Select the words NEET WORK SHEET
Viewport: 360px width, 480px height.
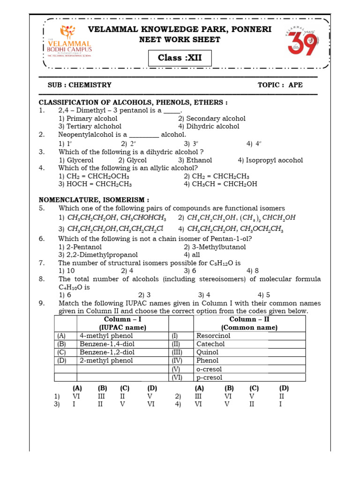pos(180,40)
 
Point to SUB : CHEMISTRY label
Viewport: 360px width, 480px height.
pos(80,85)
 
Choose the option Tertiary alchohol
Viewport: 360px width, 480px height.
pos(90,126)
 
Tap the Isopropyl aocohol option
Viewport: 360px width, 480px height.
pos(270,160)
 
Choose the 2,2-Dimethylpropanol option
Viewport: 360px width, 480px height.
pos(98,255)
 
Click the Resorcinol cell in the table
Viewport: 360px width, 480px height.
pos(214,336)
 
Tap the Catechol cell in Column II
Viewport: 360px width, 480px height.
pos(211,344)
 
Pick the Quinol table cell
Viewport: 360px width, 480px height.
pos(208,352)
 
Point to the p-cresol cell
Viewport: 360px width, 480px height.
pos(210,377)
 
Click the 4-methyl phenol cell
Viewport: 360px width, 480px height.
pos(106,336)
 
